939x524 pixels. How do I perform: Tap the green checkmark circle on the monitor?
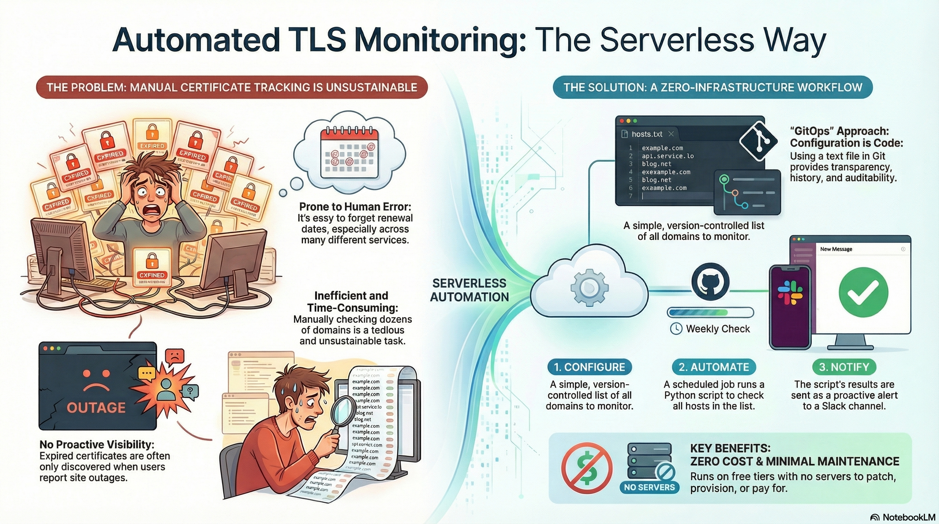[863, 292]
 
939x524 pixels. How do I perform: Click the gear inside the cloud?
[589, 288]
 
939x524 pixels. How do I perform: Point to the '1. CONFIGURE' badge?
[589, 367]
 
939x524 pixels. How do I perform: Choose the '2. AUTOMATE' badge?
[713, 367]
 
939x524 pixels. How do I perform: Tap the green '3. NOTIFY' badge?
[844, 367]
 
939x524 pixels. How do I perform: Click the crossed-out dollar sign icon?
[587, 468]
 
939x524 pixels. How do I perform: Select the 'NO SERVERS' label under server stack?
[649, 487]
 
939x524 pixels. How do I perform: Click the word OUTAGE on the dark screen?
[96, 407]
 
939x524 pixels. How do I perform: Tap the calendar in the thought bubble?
[349, 152]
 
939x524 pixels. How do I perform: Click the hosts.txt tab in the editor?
[647, 134]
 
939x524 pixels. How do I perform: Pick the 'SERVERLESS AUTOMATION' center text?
[469, 290]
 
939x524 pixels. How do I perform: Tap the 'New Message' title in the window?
[836, 249]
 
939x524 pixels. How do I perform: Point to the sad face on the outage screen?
[97, 380]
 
